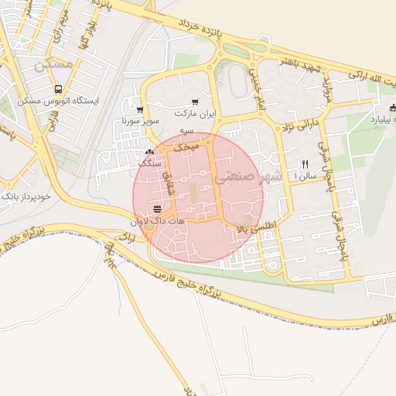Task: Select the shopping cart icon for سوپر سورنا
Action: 139,110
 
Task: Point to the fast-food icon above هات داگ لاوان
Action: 158,210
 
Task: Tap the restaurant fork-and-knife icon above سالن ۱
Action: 304,164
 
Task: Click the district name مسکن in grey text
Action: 53,65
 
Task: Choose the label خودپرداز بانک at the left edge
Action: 26,196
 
